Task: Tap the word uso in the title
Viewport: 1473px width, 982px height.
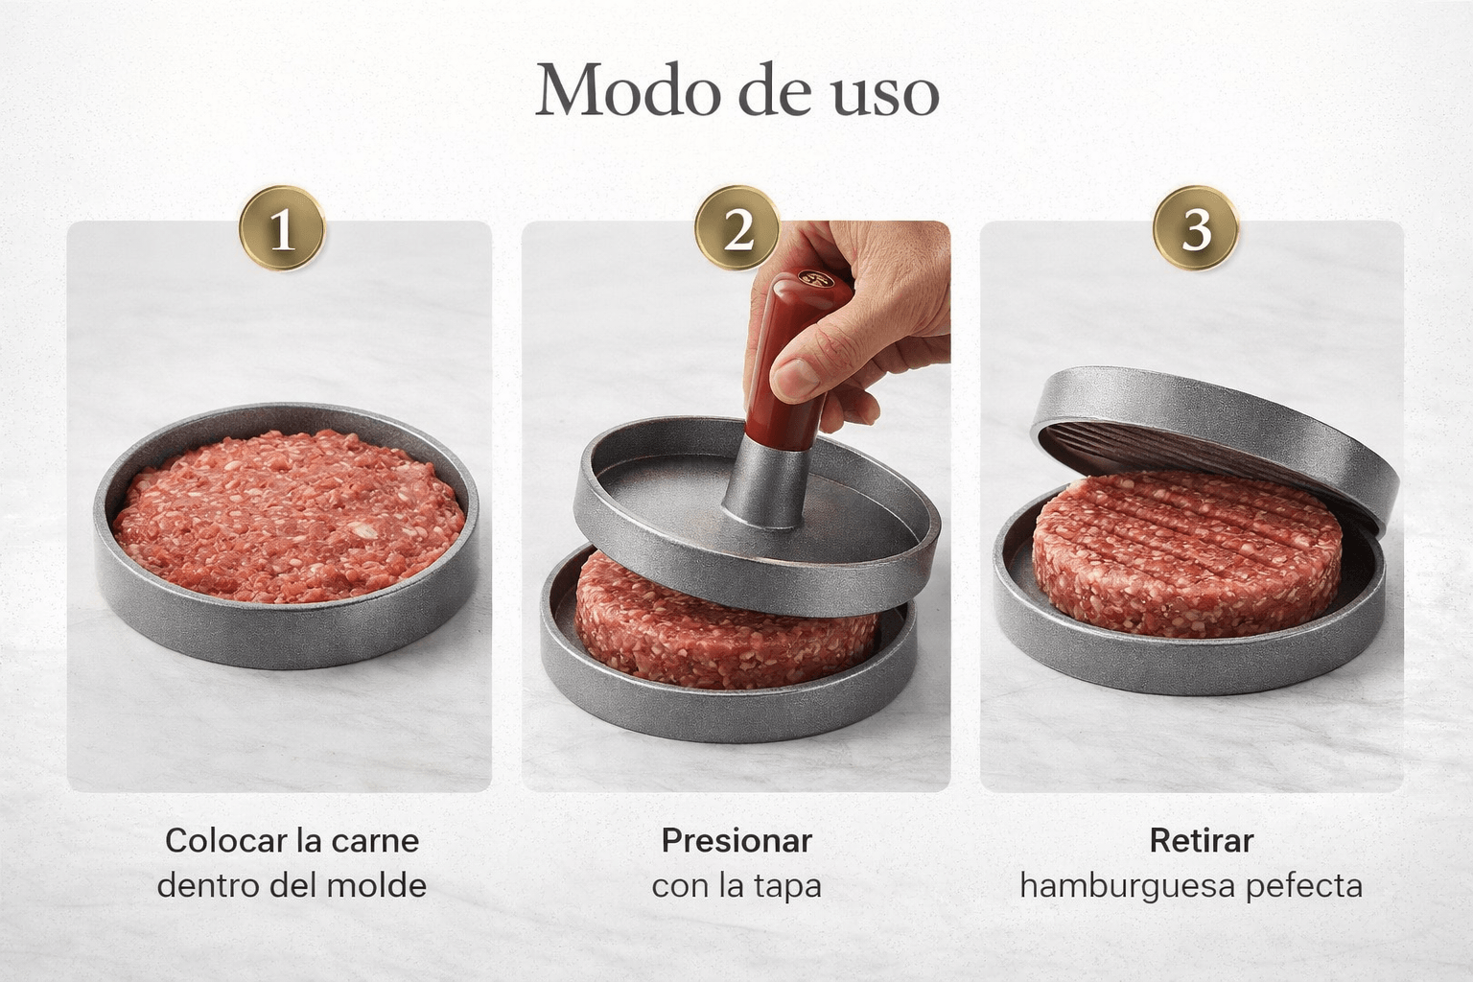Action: click(886, 98)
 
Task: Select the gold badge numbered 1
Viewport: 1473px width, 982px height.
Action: click(282, 229)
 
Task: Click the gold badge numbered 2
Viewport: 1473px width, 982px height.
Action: click(737, 228)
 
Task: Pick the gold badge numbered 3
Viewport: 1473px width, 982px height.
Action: click(1196, 228)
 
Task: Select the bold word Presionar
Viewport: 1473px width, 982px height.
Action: click(736, 841)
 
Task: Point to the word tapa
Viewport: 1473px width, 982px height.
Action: click(787, 887)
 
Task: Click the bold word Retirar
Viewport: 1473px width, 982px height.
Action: click(1202, 841)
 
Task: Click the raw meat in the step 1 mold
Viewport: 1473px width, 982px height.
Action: click(288, 515)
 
